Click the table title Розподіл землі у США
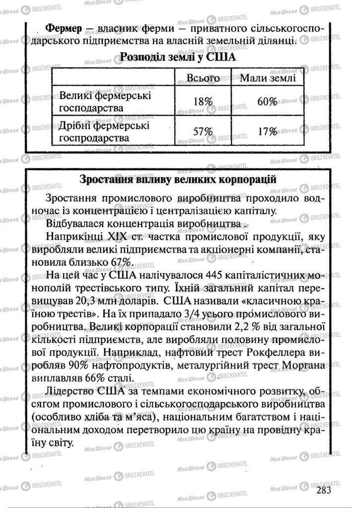tap(178, 58)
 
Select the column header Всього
tap(203, 78)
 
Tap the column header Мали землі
tap(268, 78)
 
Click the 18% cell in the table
tap(203, 101)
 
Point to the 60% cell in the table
tap(267, 101)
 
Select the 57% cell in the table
tap(203, 132)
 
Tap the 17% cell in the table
tap(267, 132)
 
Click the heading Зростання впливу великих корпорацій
tap(178, 179)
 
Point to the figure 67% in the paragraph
tap(120, 261)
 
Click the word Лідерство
tap(71, 391)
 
